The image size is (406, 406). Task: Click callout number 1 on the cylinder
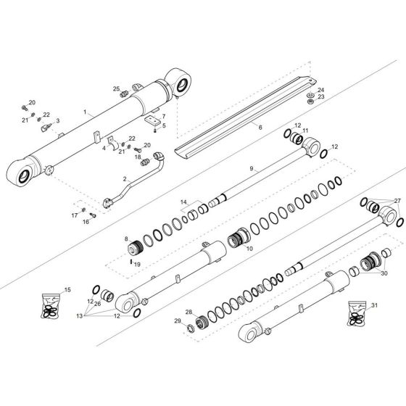pyautogui.click(x=85, y=112)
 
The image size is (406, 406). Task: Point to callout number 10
pyautogui.click(x=249, y=249)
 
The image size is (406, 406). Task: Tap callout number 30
pyautogui.click(x=384, y=273)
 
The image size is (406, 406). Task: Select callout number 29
pyautogui.click(x=176, y=320)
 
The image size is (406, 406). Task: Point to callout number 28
pyautogui.click(x=188, y=312)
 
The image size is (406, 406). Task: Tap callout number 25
pyautogui.click(x=115, y=89)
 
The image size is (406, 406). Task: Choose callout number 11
pyautogui.click(x=305, y=130)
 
